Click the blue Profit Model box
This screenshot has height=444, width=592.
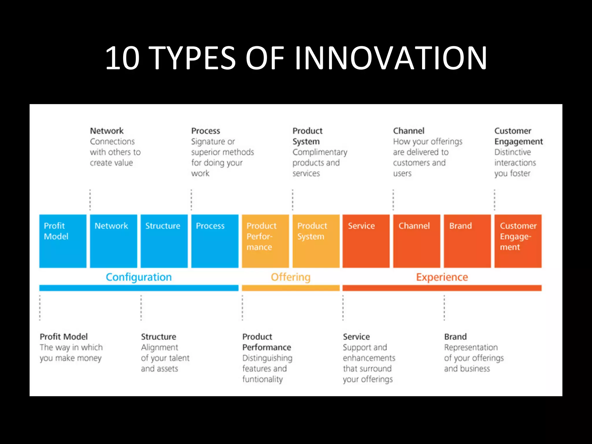pos(63,241)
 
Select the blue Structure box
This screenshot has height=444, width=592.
pos(164,241)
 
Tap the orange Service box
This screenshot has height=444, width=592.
pos(366,241)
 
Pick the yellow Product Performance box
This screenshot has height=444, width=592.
pos(265,241)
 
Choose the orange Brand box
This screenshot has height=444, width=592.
pos(467,241)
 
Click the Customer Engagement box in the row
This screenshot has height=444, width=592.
pos(518,241)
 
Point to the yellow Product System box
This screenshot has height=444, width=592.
pos(316,241)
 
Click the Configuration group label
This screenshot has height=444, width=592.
pos(139,277)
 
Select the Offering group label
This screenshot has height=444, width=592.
pos(291,277)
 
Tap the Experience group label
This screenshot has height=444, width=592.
pos(442,277)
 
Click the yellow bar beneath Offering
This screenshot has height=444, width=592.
pos(291,288)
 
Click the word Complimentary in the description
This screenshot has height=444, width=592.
pos(320,152)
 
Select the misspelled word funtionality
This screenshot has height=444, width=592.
pos(262,379)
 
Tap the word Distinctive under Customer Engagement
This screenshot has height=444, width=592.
pos(513,152)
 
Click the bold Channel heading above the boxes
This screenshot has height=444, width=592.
pos(408,131)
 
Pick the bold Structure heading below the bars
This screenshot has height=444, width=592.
pos(158,337)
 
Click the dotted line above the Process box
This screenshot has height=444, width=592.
pos(191,200)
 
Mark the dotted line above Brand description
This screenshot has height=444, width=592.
pos(444,308)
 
